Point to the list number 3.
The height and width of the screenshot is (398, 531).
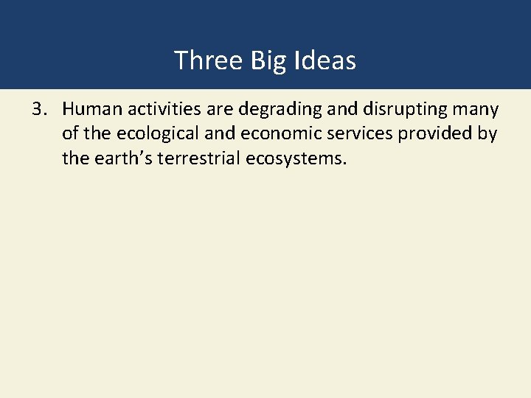[x=39, y=110]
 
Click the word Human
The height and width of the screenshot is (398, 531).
[x=92, y=110]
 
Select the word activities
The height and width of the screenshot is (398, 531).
[x=164, y=110]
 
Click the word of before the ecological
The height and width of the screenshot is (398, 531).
[x=71, y=134]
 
